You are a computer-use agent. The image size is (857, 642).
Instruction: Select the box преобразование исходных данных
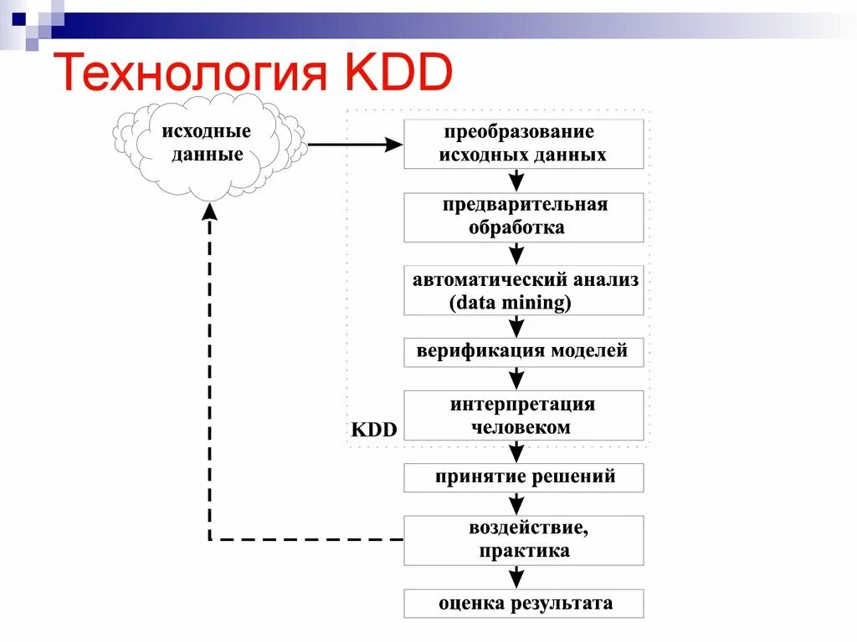(x=524, y=144)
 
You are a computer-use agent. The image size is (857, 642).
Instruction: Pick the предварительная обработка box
(x=524, y=217)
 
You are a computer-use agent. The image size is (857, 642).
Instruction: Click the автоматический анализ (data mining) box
(x=524, y=291)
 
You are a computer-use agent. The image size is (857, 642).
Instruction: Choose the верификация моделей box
(x=524, y=352)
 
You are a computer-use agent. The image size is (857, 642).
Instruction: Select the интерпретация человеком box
(x=524, y=415)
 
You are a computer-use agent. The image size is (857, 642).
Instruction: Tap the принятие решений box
(x=524, y=478)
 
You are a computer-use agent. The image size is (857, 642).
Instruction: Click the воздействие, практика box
(x=524, y=540)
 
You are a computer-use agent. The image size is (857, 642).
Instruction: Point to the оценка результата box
(x=524, y=604)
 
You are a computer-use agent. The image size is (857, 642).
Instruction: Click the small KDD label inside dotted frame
(x=373, y=430)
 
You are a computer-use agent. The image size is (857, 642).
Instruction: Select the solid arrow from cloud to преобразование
(x=355, y=145)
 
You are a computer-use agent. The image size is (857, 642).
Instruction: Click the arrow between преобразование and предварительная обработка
(x=517, y=181)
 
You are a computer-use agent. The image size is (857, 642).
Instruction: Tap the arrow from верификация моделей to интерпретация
(x=517, y=378)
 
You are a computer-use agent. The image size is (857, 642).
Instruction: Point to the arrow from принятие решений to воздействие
(x=517, y=503)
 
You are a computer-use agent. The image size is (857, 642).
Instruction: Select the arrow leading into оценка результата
(x=517, y=577)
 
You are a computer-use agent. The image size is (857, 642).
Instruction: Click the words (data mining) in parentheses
(x=511, y=303)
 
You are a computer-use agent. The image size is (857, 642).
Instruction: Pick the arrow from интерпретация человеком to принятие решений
(x=517, y=452)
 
